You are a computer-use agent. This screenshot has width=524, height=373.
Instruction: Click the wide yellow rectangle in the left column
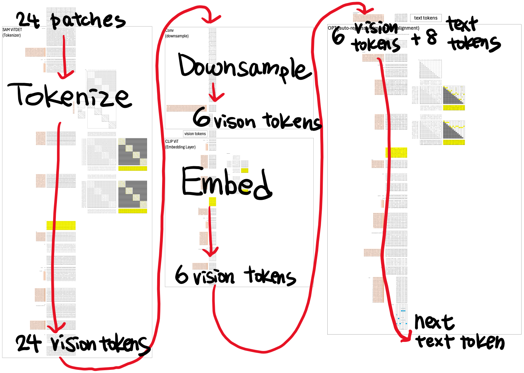click(x=61, y=225)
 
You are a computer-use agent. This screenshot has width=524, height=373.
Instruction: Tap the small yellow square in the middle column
click(x=212, y=202)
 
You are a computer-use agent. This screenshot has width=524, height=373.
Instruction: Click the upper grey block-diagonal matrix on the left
click(x=133, y=152)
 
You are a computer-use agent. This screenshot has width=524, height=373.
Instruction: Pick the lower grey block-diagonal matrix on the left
click(x=133, y=194)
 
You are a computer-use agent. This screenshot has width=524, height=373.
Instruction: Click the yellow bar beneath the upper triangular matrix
click(x=454, y=108)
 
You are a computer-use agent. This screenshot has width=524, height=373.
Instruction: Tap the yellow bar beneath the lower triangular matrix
click(x=454, y=142)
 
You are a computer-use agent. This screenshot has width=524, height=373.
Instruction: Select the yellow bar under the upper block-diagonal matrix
click(x=133, y=168)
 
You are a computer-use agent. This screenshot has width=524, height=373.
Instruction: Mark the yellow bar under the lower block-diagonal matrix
click(x=133, y=211)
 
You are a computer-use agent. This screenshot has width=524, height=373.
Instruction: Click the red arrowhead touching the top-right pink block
click(x=365, y=12)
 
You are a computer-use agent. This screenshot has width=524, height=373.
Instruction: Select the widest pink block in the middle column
click(x=186, y=108)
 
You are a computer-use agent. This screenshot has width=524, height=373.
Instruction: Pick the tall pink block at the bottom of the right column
click(x=378, y=290)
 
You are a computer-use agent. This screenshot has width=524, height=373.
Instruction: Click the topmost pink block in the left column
click(x=35, y=52)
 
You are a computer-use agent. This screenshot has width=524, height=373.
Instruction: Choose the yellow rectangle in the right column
click(x=396, y=153)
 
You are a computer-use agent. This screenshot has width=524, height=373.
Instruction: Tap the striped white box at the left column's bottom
click(x=61, y=338)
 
